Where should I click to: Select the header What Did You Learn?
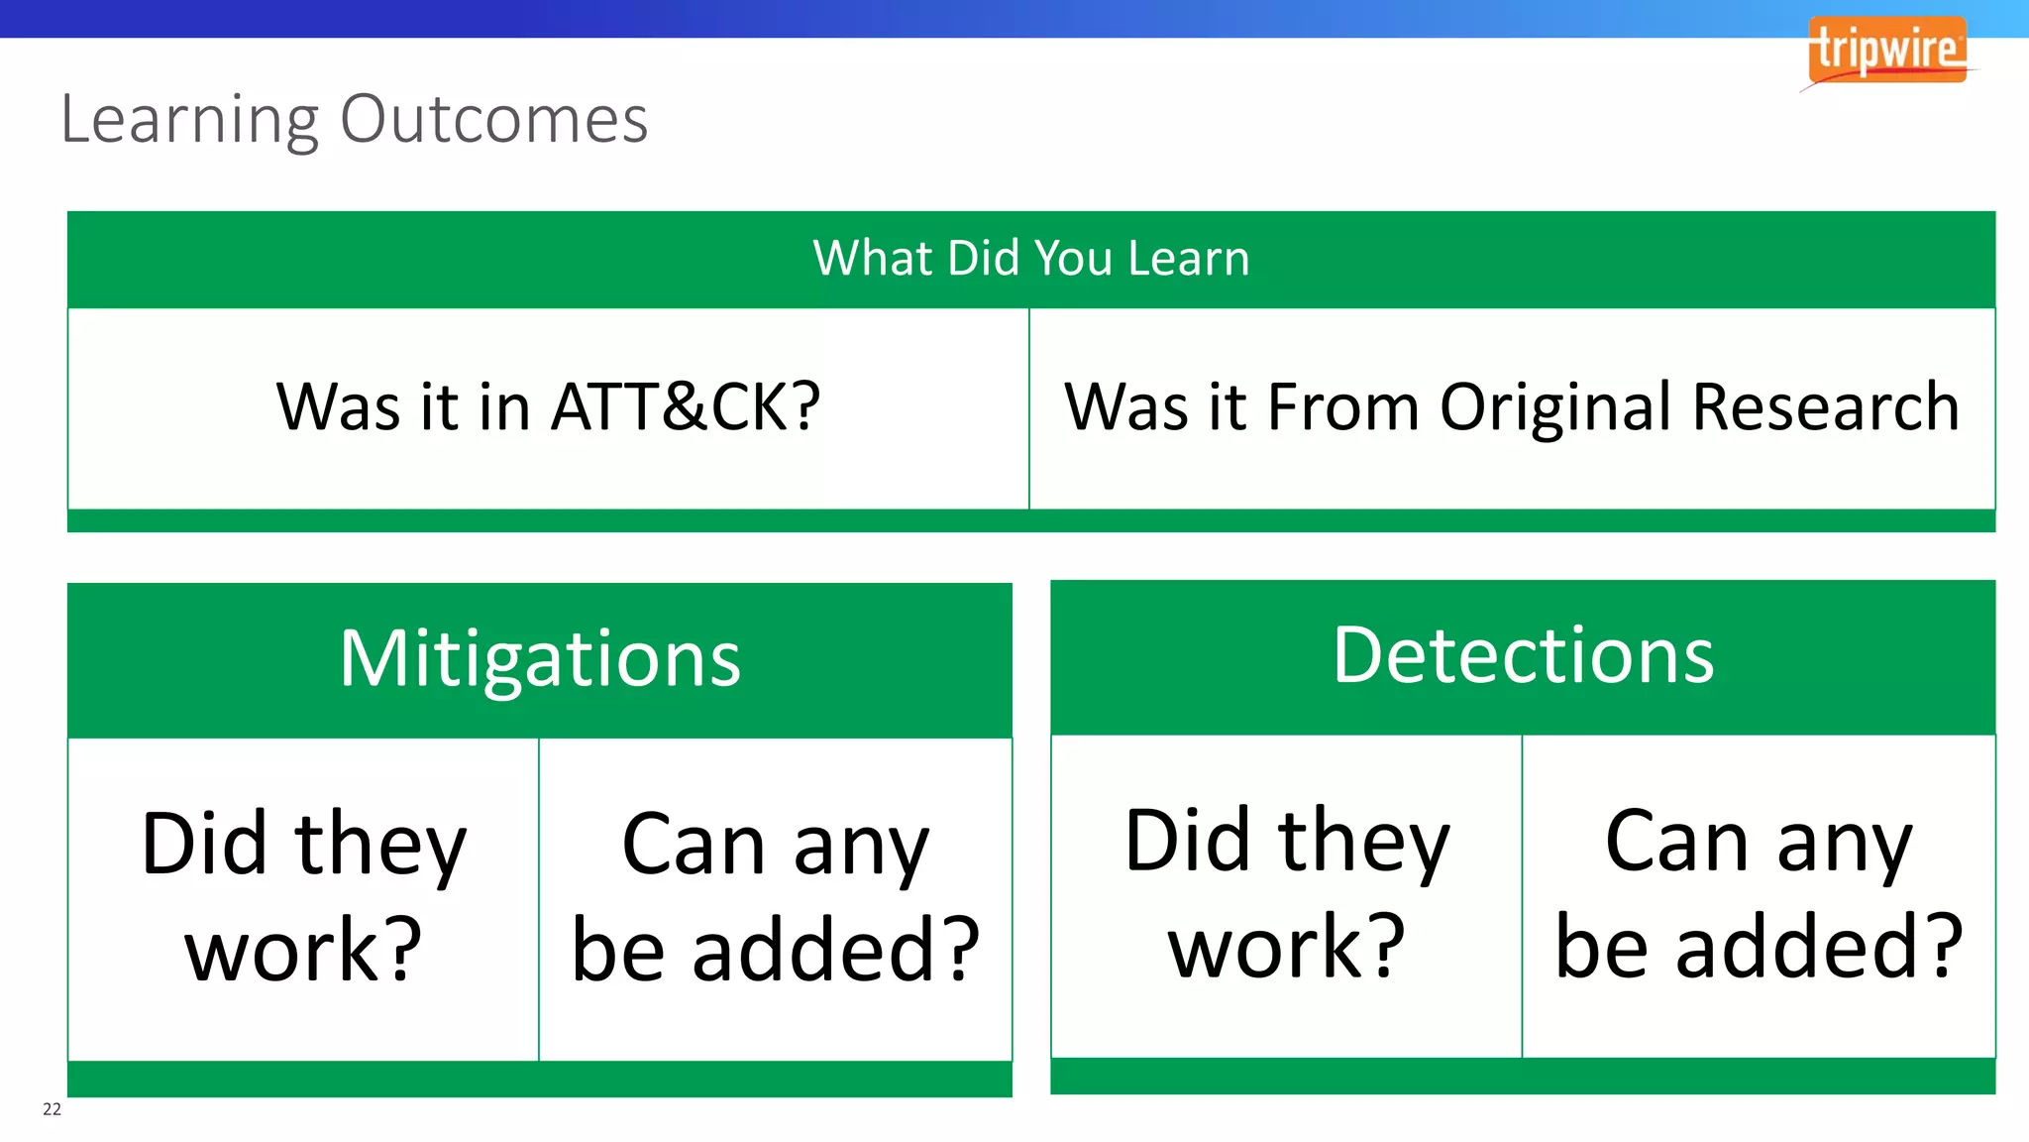tap(1031, 259)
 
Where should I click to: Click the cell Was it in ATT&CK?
tap(548, 407)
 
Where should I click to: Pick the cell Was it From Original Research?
tap(1512, 407)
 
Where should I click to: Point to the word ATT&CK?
tap(686, 407)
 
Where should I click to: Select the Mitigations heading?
tap(540, 658)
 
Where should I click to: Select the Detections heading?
tap(1523, 655)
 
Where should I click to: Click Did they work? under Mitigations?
tap(303, 897)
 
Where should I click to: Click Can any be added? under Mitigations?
tap(776, 897)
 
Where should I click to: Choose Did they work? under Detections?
tap(1286, 894)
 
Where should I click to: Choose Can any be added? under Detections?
tap(1759, 894)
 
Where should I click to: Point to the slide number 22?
tap(52, 1109)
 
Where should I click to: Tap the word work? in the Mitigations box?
tap(303, 951)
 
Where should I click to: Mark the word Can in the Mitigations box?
tap(694, 845)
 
